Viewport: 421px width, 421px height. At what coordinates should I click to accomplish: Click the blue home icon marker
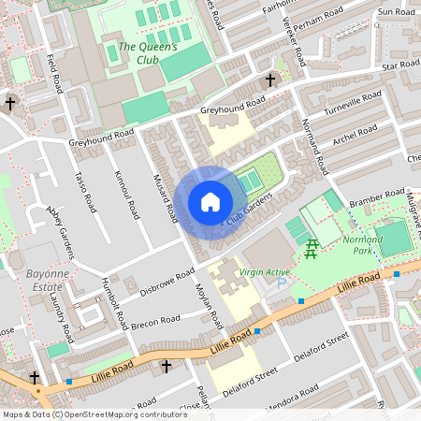click(210, 202)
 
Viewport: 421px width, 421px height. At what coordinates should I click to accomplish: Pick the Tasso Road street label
click(85, 191)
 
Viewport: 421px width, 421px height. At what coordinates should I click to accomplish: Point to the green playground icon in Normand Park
click(312, 247)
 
